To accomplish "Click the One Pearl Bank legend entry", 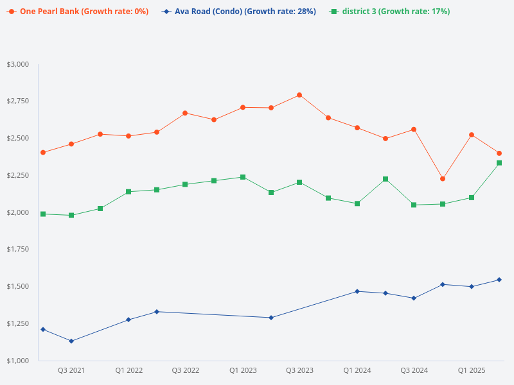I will (x=78, y=12).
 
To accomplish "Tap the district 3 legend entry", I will (x=389, y=12).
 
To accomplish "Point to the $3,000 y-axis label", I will (x=18, y=64).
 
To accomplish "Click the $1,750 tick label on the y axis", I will (x=18, y=250).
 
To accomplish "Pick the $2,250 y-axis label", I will (x=18, y=175).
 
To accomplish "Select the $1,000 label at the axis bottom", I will (x=18, y=361).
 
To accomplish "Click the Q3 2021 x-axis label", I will (x=71, y=371).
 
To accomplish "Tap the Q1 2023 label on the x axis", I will (x=243, y=371).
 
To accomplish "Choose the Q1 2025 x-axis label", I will (x=471, y=371).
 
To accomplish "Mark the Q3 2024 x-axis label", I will (x=414, y=371).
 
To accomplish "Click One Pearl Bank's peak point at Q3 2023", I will (x=299, y=95).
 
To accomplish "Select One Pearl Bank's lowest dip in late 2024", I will (x=443, y=178).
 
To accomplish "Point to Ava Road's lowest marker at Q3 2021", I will (x=71, y=341).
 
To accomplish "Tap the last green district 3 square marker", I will (x=499, y=163).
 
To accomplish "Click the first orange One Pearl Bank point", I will (x=43, y=153).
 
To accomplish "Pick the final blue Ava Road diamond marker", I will (x=499, y=280).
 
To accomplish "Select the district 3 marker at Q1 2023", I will (x=243, y=177).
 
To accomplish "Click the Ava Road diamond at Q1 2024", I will (x=357, y=291).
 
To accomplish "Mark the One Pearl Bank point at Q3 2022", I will (x=185, y=113).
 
